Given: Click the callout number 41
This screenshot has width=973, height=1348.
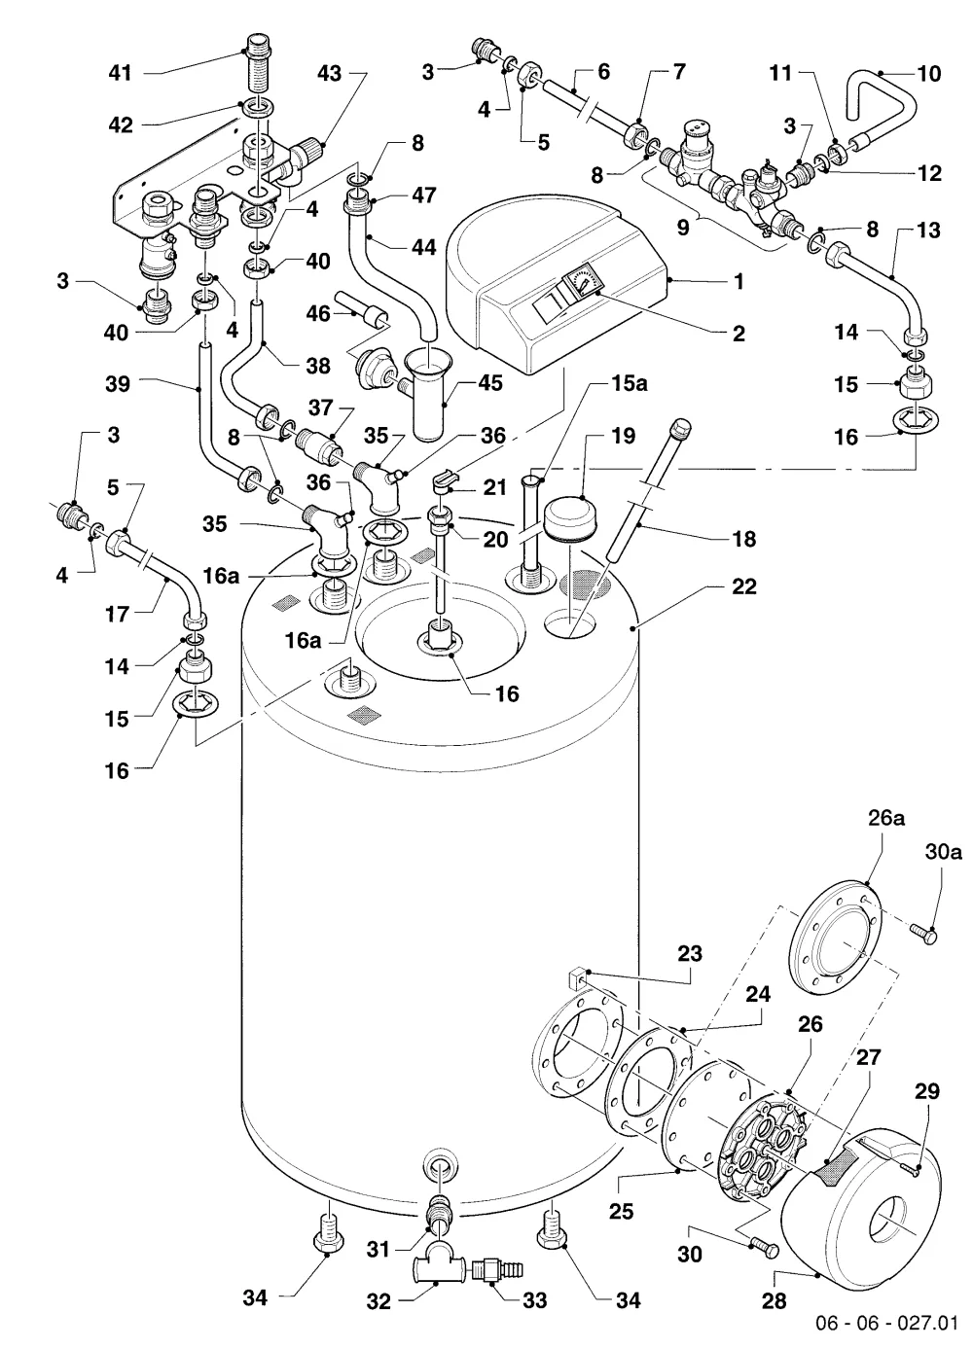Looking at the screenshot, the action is click(x=120, y=73).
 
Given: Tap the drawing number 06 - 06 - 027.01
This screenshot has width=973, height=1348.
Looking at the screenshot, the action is click(x=886, y=1324).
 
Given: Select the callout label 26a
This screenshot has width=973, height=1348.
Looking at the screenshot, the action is click(x=886, y=818).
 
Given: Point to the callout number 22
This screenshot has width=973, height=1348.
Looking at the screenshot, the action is click(x=743, y=586).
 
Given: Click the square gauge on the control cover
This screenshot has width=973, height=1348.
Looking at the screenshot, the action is click(x=581, y=282).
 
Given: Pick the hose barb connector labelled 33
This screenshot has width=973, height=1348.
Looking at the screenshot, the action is click(x=497, y=1270).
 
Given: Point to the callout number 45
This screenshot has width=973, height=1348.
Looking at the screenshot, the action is click(x=489, y=383).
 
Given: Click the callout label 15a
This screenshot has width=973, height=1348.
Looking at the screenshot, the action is click(x=630, y=383).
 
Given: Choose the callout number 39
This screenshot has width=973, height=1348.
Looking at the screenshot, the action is click(x=118, y=384).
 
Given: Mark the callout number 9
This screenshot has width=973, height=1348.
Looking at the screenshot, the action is click(x=683, y=229).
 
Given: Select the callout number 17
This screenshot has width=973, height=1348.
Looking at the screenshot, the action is click(x=118, y=614).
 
